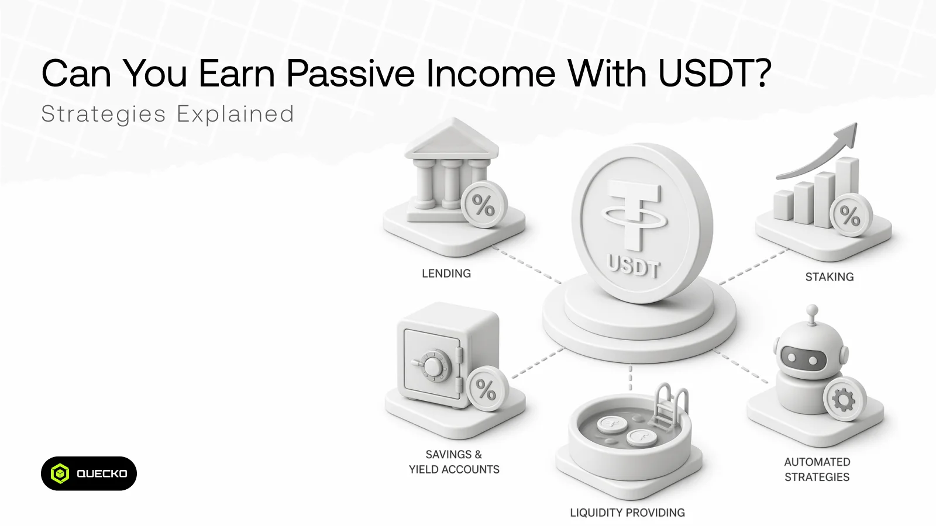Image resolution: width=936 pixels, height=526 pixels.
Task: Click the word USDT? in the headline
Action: [x=714, y=73]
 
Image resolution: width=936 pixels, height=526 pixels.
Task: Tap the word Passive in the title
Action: [x=350, y=73]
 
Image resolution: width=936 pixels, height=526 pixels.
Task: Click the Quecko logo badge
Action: [x=88, y=473]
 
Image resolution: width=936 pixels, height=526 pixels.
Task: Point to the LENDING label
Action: [x=446, y=274]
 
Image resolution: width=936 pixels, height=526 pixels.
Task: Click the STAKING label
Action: [x=830, y=277]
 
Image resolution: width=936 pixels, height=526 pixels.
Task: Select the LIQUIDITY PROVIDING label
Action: [x=627, y=513]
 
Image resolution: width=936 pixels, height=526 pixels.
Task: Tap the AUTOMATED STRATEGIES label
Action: [x=817, y=470]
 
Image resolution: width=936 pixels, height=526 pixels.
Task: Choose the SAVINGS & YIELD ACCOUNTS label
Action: [x=454, y=462]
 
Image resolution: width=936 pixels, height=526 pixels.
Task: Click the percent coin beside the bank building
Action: [x=484, y=205]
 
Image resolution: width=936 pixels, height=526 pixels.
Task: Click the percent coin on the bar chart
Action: [x=851, y=215]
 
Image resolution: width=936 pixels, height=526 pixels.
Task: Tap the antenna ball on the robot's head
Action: [x=811, y=310]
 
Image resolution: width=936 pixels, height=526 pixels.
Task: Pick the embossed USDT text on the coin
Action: [x=634, y=266]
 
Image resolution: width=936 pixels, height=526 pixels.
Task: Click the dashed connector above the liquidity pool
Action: [x=630, y=378]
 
